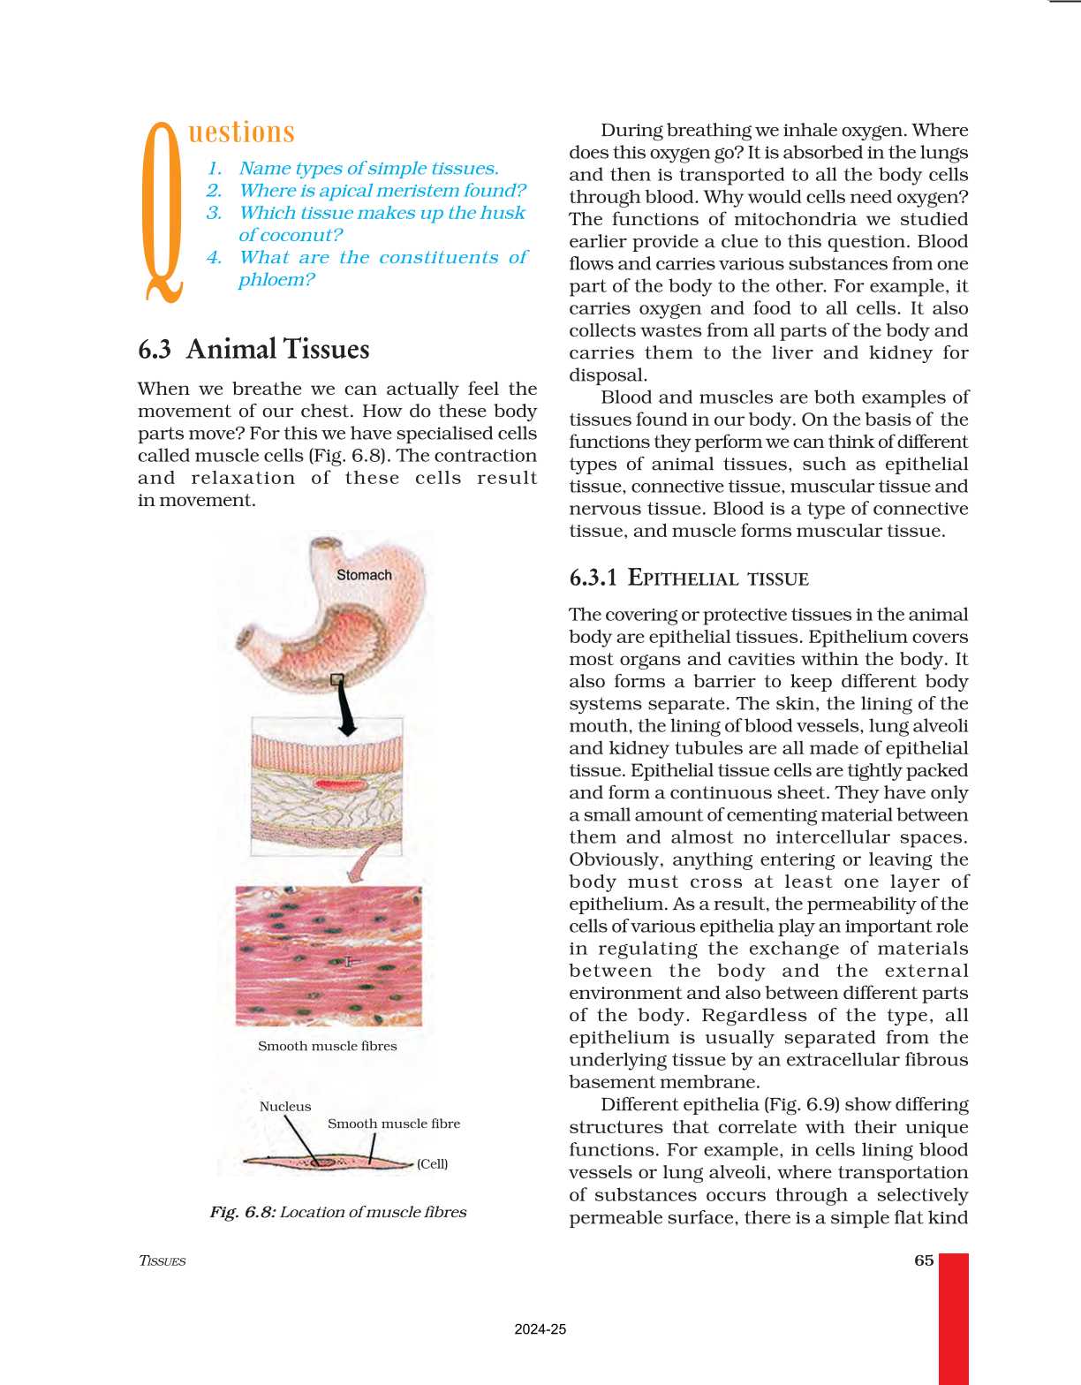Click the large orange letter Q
coord(163,212)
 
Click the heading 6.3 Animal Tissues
coord(253,349)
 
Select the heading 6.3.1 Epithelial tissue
coord(689,579)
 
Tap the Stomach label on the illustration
coord(364,575)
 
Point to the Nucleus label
coord(285,1106)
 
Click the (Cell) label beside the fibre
coord(432,1163)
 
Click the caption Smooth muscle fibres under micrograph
coord(327,1046)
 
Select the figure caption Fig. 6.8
coord(337,1212)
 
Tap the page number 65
coord(924,1260)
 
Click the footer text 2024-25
coord(540,1329)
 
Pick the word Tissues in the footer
coord(163,1260)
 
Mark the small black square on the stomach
coord(336,679)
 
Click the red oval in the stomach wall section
coord(339,783)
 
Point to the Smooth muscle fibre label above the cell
coord(393,1124)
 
